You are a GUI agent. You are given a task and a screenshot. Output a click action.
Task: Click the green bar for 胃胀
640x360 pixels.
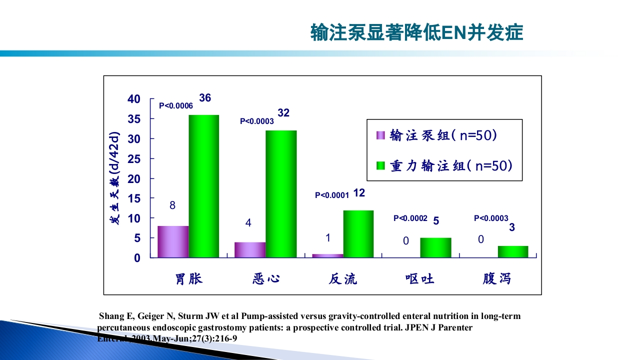[x=204, y=186]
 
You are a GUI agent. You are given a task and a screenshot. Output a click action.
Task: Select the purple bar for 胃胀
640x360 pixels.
[x=173, y=241]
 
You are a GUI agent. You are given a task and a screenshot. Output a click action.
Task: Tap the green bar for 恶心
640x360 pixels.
[x=281, y=194]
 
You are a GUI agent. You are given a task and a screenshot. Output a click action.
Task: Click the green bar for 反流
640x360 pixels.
[x=358, y=233]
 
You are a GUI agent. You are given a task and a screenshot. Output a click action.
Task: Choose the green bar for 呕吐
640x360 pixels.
[x=435, y=247]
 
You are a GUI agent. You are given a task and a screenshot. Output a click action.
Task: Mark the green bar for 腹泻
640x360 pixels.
[x=513, y=251]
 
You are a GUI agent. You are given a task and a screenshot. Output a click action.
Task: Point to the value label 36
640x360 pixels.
[x=205, y=98]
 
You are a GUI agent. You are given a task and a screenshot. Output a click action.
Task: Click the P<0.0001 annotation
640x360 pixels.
[x=331, y=195]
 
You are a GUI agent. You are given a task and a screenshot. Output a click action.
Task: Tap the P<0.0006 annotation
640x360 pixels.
[x=176, y=106]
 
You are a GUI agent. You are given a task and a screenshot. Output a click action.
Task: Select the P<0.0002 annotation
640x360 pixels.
[x=410, y=218]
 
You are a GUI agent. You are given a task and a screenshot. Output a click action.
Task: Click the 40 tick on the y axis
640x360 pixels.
[x=134, y=99]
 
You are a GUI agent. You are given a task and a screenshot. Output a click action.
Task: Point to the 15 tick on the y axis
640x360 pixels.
[x=134, y=198]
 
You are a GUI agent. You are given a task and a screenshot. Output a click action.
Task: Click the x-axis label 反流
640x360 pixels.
[x=343, y=278]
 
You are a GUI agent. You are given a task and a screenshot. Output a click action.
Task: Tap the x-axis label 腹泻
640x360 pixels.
[x=497, y=278]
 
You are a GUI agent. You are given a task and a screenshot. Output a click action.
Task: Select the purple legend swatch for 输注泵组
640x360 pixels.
[x=380, y=135]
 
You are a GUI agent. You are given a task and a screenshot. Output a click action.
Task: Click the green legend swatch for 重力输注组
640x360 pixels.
[x=380, y=165]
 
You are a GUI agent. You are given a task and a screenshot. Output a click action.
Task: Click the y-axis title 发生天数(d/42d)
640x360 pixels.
[x=115, y=178]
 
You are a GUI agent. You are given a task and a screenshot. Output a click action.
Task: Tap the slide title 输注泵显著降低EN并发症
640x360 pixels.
[x=416, y=32]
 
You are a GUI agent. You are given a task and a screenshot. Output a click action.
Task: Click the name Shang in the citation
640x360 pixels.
[x=110, y=316]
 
